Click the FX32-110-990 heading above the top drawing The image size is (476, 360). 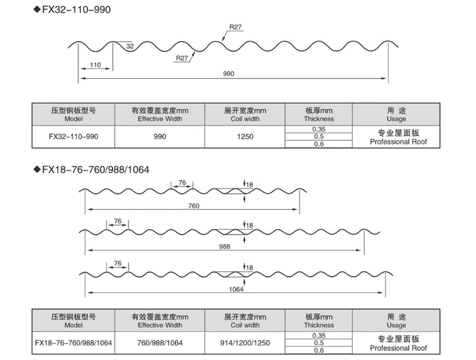coord(76,10)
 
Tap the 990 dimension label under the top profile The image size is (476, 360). coord(228,74)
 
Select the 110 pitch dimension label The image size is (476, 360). coord(95,65)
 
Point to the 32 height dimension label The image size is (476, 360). coord(130,46)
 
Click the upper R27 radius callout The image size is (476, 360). coord(235,27)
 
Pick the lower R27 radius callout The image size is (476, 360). coord(182,58)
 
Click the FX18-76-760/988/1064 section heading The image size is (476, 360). coord(96,170)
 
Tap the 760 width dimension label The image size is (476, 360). coord(194,206)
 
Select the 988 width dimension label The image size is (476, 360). coord(225,247)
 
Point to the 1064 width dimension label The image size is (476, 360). coord(236,289)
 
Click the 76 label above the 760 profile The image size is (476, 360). coord(182,183)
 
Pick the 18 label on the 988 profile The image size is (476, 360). coord(249,226)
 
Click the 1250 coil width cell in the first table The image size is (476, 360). coord(245,137)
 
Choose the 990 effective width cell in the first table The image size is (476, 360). coord(159,137)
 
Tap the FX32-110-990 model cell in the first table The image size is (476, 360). coord(73,137)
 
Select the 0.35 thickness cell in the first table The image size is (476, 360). coord(319,129)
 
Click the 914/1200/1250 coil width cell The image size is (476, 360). coord(245,343)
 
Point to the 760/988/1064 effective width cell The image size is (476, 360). coord(159,343)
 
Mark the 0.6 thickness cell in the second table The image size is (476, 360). coord(319,350)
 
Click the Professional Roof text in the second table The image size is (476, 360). coord(398,348)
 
